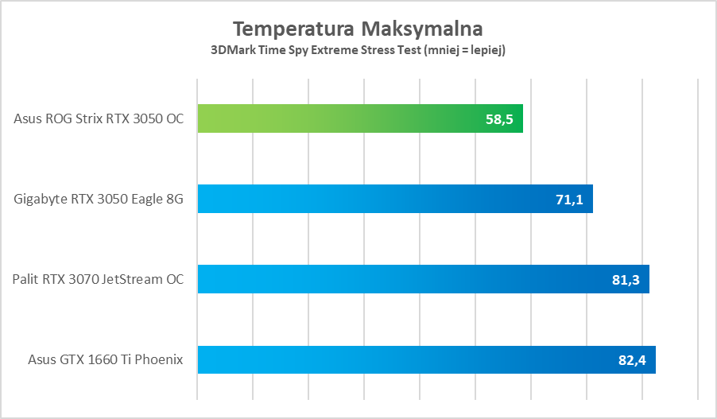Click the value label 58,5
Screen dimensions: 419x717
[499, 119]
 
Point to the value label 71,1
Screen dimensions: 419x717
[569, 200]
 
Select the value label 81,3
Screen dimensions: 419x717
[626, 280]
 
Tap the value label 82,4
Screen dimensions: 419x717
[632, 360]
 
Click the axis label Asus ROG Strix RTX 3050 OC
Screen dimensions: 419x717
[99, 119]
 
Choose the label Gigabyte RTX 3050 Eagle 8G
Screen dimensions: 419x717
[99, 200]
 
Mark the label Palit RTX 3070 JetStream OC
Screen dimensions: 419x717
[98, 280]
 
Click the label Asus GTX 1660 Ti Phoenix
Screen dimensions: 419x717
[106, 360]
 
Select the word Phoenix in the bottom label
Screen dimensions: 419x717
[161, 360]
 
